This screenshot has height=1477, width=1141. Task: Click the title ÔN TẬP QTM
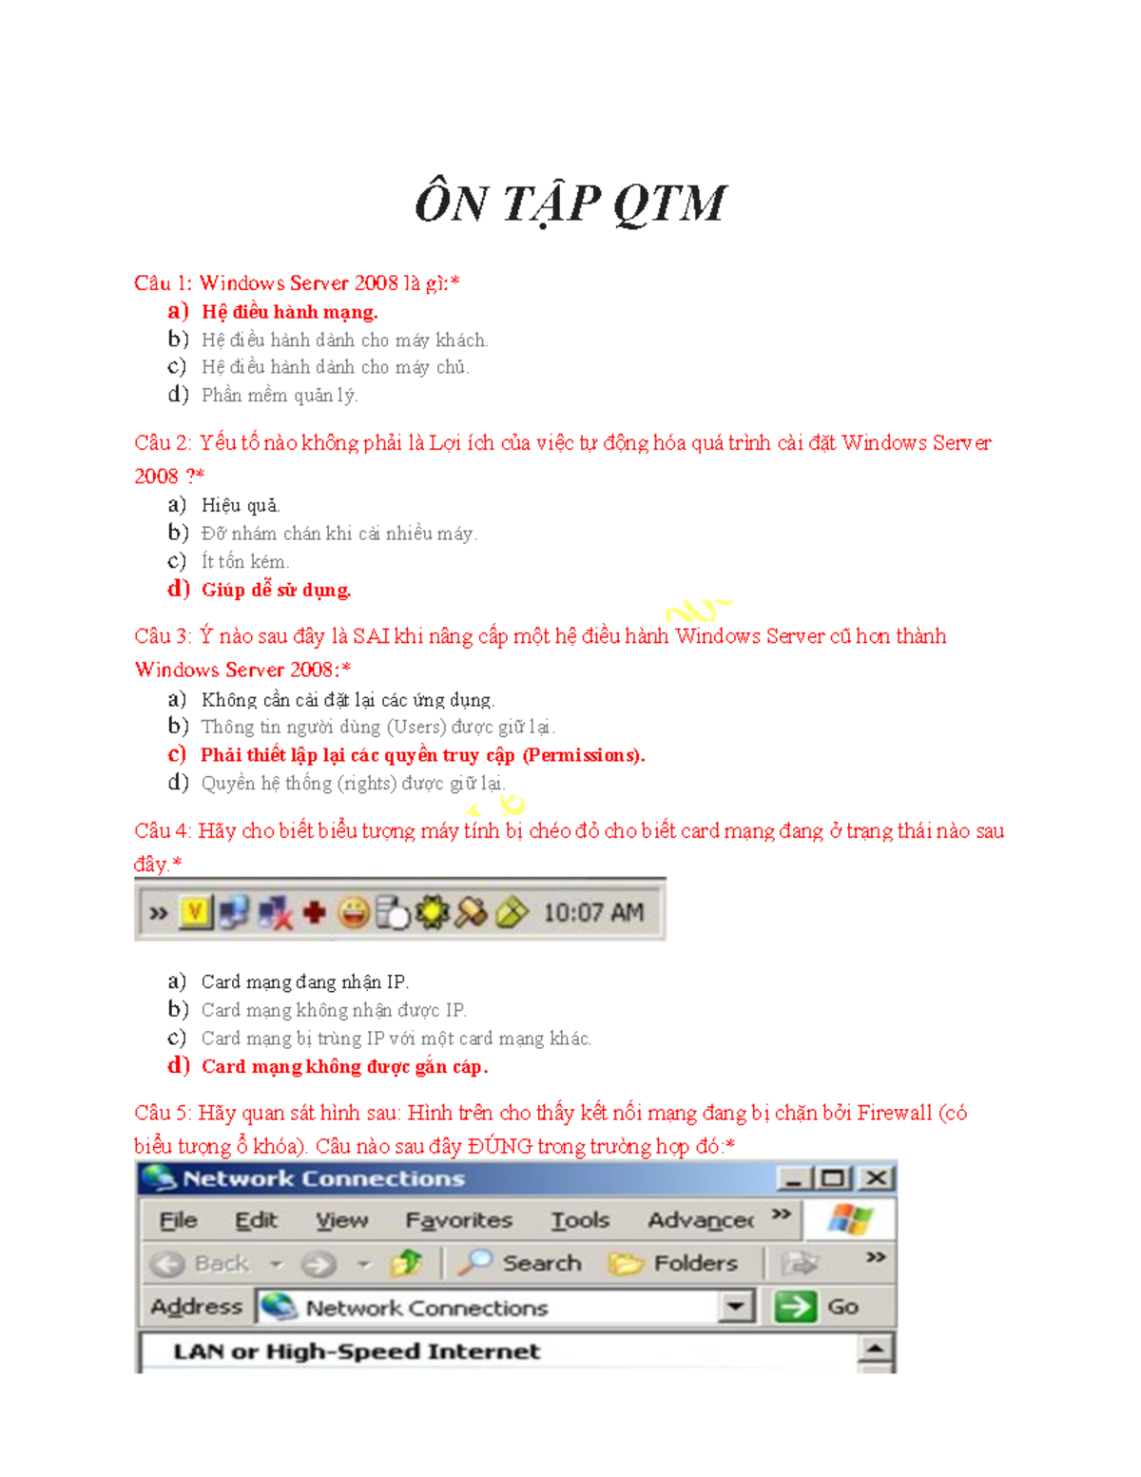570,204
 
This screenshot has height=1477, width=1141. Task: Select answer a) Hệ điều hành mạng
289,312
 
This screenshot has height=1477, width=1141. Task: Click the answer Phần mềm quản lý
280,395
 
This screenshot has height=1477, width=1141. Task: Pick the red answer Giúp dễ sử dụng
276,590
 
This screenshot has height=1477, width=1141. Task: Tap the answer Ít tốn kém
245,561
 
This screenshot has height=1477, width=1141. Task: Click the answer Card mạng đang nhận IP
304,981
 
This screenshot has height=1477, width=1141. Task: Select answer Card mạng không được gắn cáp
344,1066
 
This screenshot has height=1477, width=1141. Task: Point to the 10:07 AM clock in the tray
593,913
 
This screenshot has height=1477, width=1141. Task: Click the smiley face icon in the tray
355,913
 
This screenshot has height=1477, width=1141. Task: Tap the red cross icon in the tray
314,913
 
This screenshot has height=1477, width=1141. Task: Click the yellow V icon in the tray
195,913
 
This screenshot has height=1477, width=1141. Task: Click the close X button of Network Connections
877,1178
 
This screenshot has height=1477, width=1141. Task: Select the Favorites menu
458,1220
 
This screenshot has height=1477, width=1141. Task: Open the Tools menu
580,1220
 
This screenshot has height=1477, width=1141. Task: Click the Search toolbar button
520,1263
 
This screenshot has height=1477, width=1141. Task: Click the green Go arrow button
795,1307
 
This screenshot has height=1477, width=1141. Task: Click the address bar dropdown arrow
735,1307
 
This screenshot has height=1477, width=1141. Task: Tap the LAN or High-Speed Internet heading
357,1351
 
